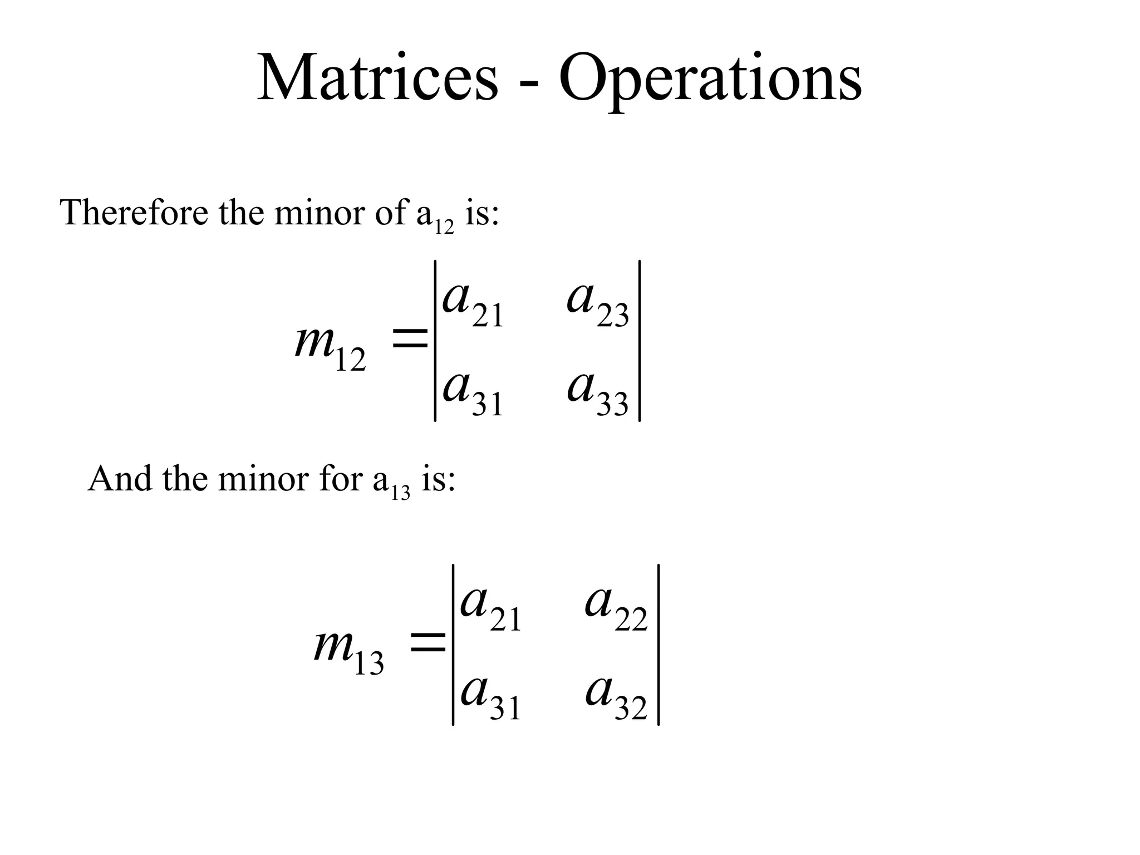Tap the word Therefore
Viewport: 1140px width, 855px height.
(x=134, y=213)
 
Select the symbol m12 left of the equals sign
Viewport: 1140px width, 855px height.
(x=330, y=345)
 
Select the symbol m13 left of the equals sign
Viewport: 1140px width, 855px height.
(x=349, y=650)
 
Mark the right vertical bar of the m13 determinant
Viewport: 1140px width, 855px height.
(x=659, y=645)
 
